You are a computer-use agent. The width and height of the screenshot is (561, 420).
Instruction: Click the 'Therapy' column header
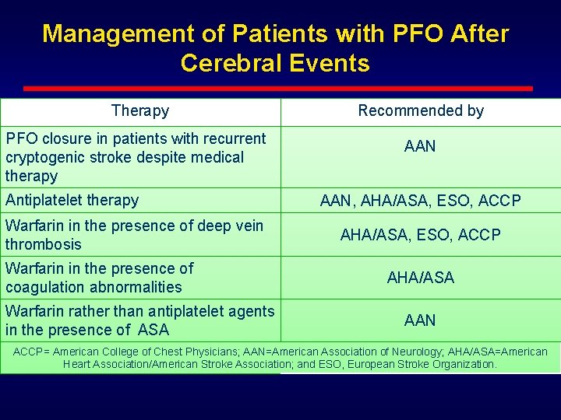pos(140,111)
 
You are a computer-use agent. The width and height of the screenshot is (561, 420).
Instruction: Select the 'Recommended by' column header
pos(421,111)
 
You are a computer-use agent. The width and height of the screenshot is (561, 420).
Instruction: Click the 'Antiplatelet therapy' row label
pos(72,200)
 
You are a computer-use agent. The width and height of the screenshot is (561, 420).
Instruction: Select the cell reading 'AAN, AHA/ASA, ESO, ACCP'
pos(421,201)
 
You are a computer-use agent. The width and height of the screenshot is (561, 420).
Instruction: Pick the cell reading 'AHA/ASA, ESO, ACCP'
pos(421,235)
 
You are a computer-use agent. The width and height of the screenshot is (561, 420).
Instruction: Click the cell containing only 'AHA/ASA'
pos(421,278)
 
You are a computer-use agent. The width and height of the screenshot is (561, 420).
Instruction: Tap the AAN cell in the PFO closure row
pos(421,146)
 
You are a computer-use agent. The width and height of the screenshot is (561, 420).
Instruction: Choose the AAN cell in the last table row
pos(421,320)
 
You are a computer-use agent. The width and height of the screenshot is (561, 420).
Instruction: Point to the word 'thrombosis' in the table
pos(44,244)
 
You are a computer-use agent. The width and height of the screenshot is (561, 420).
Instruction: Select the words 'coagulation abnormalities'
pos(93,287)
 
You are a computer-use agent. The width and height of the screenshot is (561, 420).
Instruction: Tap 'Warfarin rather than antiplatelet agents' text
pos(140,311)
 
